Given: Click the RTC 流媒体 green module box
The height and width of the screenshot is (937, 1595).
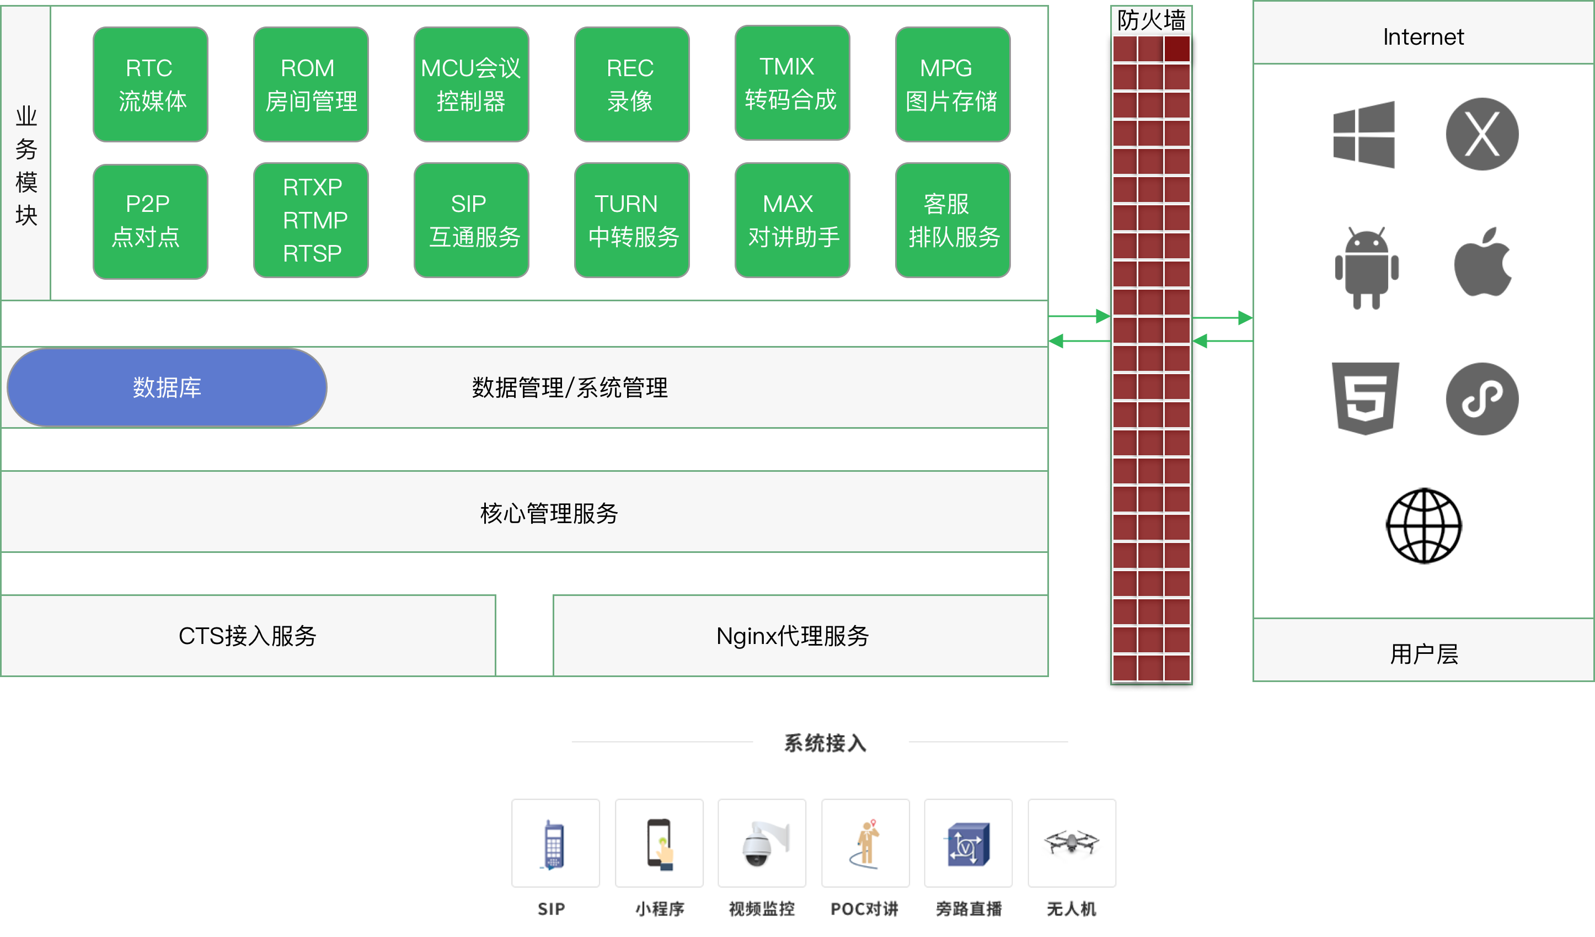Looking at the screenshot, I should coord(150,84).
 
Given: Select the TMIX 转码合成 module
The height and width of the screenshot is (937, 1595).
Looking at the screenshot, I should coord(792,83).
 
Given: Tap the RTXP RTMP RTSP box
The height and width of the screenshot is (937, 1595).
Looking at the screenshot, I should coord(311,220).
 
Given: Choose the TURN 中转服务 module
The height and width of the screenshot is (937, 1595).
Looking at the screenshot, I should coord(631,220).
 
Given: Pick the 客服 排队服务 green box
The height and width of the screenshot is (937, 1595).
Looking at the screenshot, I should coord(952,220).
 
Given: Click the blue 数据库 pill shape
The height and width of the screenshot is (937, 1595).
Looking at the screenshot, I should coord(167,387).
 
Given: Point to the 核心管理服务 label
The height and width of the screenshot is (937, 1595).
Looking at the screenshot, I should coord(549,513).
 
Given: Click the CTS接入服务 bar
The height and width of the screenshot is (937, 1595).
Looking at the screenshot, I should coord(248,636).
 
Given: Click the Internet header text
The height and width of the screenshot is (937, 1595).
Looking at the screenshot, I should coord(1423,37).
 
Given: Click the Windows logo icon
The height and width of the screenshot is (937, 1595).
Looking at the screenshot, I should coord(1364,134).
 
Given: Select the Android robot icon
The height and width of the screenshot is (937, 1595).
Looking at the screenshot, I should coord(1367,268).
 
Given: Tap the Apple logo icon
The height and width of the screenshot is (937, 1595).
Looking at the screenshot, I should coord(1482,263).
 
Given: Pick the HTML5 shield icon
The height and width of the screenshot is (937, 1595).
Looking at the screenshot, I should coord(1365,399).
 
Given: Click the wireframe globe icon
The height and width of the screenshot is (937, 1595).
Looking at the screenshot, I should coord(1423,525).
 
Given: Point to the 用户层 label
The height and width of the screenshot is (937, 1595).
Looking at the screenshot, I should coord(1423,654).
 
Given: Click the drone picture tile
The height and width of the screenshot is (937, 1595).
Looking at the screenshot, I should coord(1072,843).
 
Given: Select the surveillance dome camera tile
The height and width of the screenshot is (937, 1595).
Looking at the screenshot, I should coord(762,843).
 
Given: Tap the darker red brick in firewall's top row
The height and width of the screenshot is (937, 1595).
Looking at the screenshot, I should coord(1176,49).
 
